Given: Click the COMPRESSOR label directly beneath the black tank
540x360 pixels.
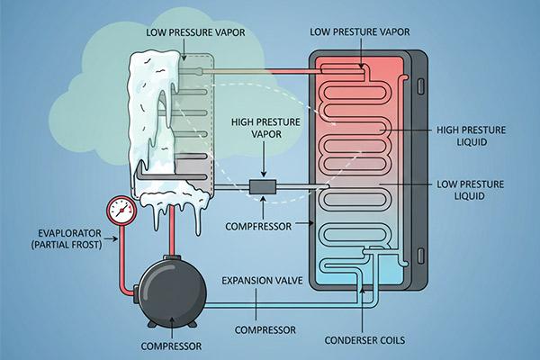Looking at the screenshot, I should (171, 345).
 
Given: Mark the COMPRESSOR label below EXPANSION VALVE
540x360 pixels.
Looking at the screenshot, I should (264, 329).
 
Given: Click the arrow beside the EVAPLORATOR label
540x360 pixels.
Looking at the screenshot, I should (112, 238).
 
